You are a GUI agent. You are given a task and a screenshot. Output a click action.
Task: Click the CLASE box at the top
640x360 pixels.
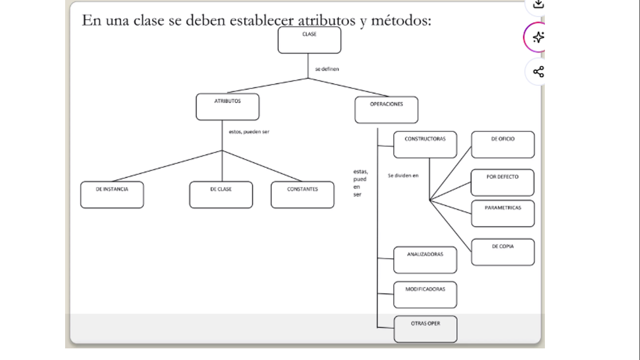(309, 40)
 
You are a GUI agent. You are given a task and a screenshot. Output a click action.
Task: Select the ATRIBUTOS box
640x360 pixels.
(227, 107)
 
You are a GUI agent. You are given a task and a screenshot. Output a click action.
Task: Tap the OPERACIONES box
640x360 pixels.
(386, 110)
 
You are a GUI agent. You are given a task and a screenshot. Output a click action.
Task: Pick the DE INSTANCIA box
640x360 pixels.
(112, 195)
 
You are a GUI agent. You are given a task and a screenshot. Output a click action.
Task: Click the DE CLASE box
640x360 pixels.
(221, 195)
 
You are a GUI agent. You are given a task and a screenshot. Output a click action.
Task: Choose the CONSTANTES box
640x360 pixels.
(302, 195)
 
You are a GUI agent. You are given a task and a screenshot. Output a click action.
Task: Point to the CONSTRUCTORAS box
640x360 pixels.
(425, 144)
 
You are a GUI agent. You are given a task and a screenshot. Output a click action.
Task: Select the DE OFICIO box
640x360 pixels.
(503, 144)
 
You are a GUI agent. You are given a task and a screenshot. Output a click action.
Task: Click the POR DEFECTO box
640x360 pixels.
(502, 182)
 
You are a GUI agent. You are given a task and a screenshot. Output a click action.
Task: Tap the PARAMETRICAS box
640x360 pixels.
(503, 213)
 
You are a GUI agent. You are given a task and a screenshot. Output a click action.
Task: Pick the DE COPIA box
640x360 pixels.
(503, 252)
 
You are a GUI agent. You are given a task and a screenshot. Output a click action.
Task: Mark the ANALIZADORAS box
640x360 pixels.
(425, 260)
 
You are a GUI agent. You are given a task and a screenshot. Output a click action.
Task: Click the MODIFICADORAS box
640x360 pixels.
(425, 294)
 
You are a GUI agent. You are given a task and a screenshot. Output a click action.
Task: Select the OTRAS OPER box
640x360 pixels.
(425, 329)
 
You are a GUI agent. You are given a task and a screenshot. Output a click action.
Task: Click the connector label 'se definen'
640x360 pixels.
(327, 69)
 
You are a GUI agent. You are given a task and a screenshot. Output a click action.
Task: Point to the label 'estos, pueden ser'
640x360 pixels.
(249, 132)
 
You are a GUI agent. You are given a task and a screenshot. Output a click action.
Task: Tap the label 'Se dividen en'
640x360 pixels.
(403, 176)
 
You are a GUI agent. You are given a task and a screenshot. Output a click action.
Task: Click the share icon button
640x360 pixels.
(538, 72)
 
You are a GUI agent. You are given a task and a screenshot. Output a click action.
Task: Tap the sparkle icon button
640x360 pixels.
(538, 37)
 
